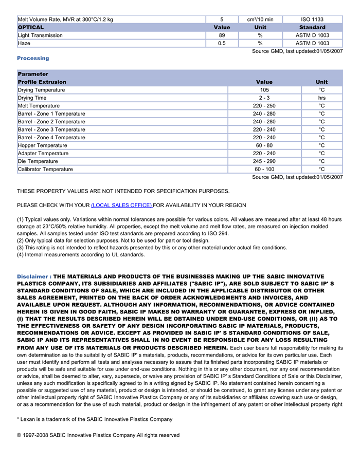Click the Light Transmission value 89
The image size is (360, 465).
coord(222,35)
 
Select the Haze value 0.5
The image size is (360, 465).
coord(222,44)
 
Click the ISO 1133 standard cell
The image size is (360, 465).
coord(312,20)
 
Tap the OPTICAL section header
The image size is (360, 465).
coord(31,27)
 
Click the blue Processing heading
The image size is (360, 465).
coord(33,58)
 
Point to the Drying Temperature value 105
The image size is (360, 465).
coord(264,90)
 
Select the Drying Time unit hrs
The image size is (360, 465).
coord(321,98)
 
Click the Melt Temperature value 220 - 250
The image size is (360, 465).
coord(264,106)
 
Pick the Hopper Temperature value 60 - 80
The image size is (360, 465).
coord(264,145)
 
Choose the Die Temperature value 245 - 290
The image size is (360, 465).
coord(264,161)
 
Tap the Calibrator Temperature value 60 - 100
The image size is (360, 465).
coord(264,169)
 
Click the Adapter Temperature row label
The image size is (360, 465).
coord(43,153)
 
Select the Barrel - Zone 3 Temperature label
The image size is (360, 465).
coord(51,129)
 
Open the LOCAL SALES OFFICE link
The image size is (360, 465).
coord(121,206)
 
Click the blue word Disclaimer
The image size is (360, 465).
coord(32,276)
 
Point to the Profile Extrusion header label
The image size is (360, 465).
coord(42,82)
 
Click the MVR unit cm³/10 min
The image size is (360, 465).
coord(260,20)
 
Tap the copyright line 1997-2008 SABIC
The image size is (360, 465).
coord(98,435)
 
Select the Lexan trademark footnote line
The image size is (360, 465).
coord(95,419)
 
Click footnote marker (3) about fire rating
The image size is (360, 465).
coord(21,248)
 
